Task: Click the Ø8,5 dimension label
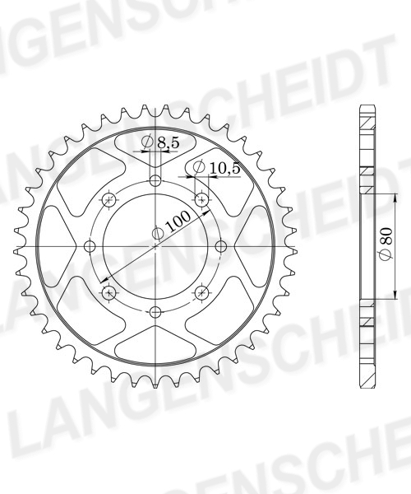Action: [160, 142]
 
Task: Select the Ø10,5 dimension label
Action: [216, 168]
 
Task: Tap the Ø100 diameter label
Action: [171, 226]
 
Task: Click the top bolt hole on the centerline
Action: [155, 181]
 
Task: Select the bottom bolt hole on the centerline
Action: [155, 312]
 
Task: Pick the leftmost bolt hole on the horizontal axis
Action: [90, 246]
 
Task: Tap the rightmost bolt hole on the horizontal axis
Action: [221, 246]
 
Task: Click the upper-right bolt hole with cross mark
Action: [201, 200]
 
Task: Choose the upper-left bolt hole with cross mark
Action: [109, 200]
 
